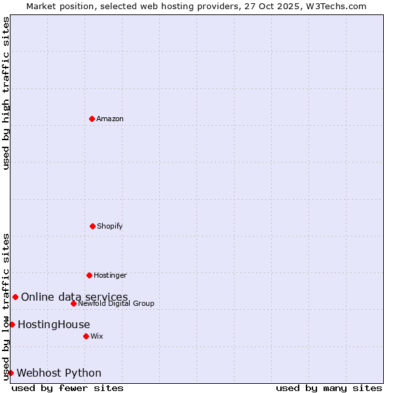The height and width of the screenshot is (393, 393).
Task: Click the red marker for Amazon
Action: tap(92, 119)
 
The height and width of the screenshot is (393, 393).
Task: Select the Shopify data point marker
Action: tap(92, 226)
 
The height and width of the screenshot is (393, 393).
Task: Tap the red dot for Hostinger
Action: tap(89, 275)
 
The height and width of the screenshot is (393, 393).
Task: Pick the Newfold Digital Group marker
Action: tap(73, 303)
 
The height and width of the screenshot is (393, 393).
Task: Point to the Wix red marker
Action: tap(86, 336)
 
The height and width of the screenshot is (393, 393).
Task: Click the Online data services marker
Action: tap(15, 297)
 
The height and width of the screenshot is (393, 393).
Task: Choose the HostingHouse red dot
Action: tap(12, 324)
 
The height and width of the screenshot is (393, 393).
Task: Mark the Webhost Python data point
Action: tap(10, 373)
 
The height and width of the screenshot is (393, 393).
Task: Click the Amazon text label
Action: tap(110, 119)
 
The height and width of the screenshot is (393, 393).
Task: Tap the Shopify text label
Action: tap(110, 226)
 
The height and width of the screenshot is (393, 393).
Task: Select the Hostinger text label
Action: tap(110, 275)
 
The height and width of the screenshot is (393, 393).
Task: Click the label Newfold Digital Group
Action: tap(116, 303)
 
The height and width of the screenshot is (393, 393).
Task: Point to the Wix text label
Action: tap(97, 336)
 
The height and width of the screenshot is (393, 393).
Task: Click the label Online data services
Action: tap(75, 297)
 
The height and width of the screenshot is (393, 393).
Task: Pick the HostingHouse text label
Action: tap(54, 324)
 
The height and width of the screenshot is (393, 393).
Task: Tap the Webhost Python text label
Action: tap(59, 373)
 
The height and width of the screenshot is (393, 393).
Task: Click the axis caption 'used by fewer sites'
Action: tap(67, 388)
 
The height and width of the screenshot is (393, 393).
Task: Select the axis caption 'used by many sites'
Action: tap(329, 388)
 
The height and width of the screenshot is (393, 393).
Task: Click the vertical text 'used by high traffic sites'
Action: tap(6, 93)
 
